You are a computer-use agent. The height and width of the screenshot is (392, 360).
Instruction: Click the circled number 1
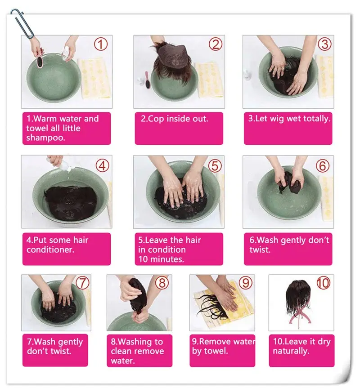point(100,45)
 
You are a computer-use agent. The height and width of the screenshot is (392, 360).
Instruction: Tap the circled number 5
point(215,165)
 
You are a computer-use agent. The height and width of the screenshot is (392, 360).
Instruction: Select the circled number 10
point(324,283)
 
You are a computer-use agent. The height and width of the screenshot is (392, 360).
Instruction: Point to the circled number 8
point(162,283)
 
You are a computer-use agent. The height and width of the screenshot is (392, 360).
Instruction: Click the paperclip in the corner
point(22,24)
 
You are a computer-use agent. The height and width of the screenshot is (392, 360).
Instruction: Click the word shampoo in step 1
point(45,138)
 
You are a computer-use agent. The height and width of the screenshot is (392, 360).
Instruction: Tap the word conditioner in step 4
point(50,249)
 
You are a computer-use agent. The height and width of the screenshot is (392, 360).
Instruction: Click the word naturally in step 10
point(291,351)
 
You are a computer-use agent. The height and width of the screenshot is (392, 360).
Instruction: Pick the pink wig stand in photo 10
point(299,316)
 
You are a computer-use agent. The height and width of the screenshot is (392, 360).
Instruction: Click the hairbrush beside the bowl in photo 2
point(147,80)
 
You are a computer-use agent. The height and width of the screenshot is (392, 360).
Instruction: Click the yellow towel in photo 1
point(94,78)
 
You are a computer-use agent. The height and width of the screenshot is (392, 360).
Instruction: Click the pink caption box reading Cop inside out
point(179,128)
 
